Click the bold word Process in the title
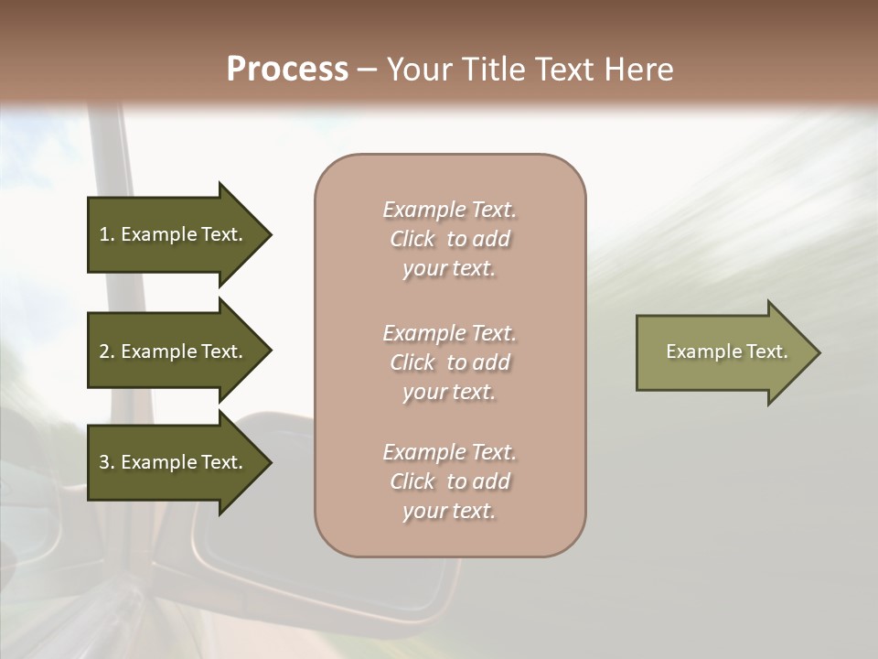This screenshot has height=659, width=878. point(287,69)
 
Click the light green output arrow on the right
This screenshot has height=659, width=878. point(727,352)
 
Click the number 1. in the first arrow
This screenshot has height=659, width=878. point(107,234)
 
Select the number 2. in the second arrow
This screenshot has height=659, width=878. point(107,351)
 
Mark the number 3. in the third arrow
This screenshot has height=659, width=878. point(107,462)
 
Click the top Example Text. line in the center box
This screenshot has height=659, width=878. point(449,210)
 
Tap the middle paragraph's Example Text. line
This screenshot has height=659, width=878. point(449,332)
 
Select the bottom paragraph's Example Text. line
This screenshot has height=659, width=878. point(449,452)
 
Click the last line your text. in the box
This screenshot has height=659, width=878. point(449,511)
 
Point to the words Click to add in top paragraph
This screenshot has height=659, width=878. point(449,239)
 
